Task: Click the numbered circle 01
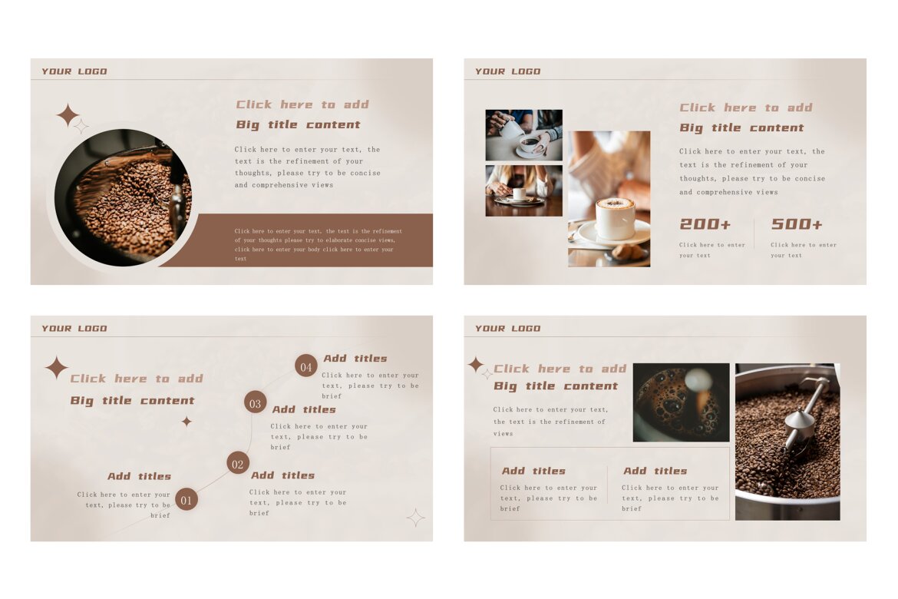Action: (x=187, y=499)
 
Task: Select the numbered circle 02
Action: (x=238, y=463)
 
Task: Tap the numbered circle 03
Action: (x=256, y=402)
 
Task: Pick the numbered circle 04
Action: (x=306, y=366)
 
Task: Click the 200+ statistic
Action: (x=705, y=224)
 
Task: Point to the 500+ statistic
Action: (x=797, y=224)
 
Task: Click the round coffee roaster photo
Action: (x=123, y=197)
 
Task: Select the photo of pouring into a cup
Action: (x=523, y=134)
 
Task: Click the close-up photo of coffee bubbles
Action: (x=681, y=402)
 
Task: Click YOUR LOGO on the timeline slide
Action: (x=74, y=329)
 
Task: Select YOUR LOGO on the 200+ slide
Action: (x=508, y=71)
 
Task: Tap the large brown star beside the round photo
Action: (x=68, y=115)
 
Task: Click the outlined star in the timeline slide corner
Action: (x=415, y=518)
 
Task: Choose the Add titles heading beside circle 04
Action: (x=355, y=359)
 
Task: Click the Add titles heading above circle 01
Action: (x=139, y=477)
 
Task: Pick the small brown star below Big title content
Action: (x=187, y=422)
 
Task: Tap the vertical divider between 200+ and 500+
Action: (x=754, y=234)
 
